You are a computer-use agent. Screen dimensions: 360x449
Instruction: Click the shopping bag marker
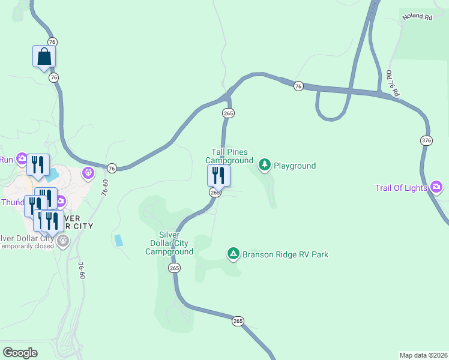click(44, 57)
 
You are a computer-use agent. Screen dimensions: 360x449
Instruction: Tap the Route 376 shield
click(426, 140)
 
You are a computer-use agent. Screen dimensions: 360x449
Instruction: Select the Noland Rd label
click(417, 17)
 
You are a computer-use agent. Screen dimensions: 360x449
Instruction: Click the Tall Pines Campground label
click(229, 157)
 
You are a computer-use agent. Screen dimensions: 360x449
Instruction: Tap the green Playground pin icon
click(264, 164)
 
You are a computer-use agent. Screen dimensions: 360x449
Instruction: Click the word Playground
click(295, 166)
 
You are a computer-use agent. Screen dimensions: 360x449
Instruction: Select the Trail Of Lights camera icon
click(436, 188)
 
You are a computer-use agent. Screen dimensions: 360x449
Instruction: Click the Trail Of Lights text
click(401, 188)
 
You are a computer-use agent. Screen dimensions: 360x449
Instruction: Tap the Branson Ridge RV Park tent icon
click(234, 254)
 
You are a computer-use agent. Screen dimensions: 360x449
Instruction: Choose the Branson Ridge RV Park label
click(285, 254)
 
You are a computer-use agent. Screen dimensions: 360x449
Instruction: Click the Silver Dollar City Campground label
click(169, 243)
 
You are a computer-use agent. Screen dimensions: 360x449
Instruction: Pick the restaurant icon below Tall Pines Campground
click(218, 175)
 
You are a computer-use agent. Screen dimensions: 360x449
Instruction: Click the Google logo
click(20, 353)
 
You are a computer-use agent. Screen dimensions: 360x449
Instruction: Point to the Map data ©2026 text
click(423, 355)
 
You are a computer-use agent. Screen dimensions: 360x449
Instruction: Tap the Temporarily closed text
click(26, 246)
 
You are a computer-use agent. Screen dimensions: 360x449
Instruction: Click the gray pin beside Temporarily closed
click(63, 241)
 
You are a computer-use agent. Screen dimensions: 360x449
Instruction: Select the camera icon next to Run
click(22, 159)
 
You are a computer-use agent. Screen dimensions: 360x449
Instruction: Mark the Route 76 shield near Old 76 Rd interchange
click(298, 86)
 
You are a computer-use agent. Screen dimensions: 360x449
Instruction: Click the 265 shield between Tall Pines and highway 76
click(228, 113)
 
